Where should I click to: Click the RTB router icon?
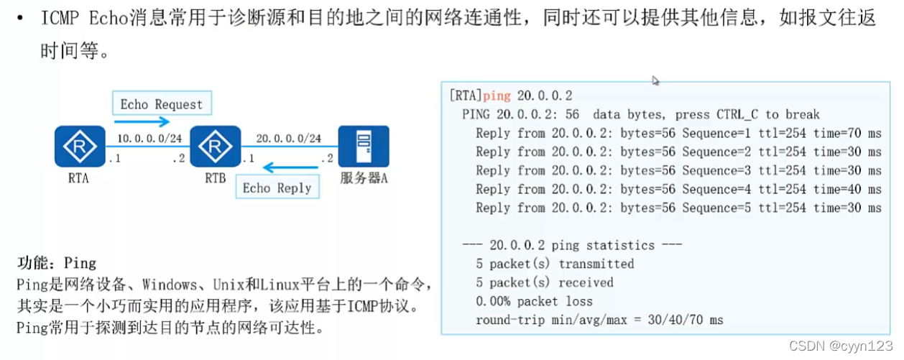[214, 147]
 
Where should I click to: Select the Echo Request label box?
[162, 104]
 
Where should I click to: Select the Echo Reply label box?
[277, 188]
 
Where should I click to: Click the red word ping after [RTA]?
[497, 96]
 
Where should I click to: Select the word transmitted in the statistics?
[596, 264]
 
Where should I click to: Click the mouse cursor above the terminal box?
[655, 80]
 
